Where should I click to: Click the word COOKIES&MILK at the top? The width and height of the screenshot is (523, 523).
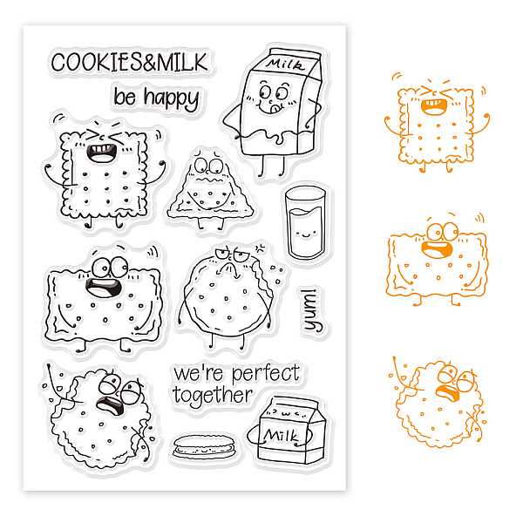coord(129,63)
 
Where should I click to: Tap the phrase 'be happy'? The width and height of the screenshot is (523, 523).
coord(156,98)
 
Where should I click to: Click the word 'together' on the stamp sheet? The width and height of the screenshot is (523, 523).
coord(213,396)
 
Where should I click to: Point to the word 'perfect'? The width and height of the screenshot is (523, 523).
coord(266,374)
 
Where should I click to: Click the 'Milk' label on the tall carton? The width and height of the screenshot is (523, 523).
coord(286,65)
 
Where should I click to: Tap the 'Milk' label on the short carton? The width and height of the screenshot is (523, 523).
coord(281,435)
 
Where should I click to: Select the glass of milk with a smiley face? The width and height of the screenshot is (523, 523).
coord(305,222)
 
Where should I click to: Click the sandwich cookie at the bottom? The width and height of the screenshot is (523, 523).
coord(206,447)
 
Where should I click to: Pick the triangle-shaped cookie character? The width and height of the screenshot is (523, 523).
coord(210,190)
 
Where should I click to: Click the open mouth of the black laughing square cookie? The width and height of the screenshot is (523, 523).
coord(101,153)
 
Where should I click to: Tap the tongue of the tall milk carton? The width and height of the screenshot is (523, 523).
coord(276,108)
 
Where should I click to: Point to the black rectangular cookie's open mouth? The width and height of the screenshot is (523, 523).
coord(103,288)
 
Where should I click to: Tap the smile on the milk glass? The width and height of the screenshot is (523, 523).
coord(305,235)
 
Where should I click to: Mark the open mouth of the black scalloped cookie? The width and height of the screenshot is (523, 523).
coord(111,405)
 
